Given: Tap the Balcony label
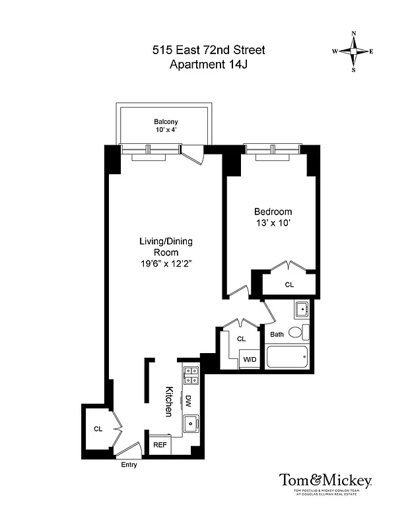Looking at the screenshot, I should coord(166,122).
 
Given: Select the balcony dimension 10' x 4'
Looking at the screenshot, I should coord(166,131).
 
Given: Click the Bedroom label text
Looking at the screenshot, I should coord(273,212).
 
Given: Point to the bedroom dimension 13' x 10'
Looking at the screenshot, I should coord(273,223).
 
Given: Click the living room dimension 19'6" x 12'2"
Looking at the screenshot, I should coord(165,263).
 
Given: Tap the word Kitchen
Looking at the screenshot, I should coord(168,401).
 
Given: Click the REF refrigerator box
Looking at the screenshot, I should coord(160,445).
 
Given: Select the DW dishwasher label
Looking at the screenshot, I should coord(187,400).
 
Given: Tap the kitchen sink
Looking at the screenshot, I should coord(190,423).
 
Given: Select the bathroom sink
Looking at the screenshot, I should coord(301,309).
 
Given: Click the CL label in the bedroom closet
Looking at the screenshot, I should coord(289,285).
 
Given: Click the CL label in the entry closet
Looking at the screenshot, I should coord(98,429).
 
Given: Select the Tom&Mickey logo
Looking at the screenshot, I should coord(325,480).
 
